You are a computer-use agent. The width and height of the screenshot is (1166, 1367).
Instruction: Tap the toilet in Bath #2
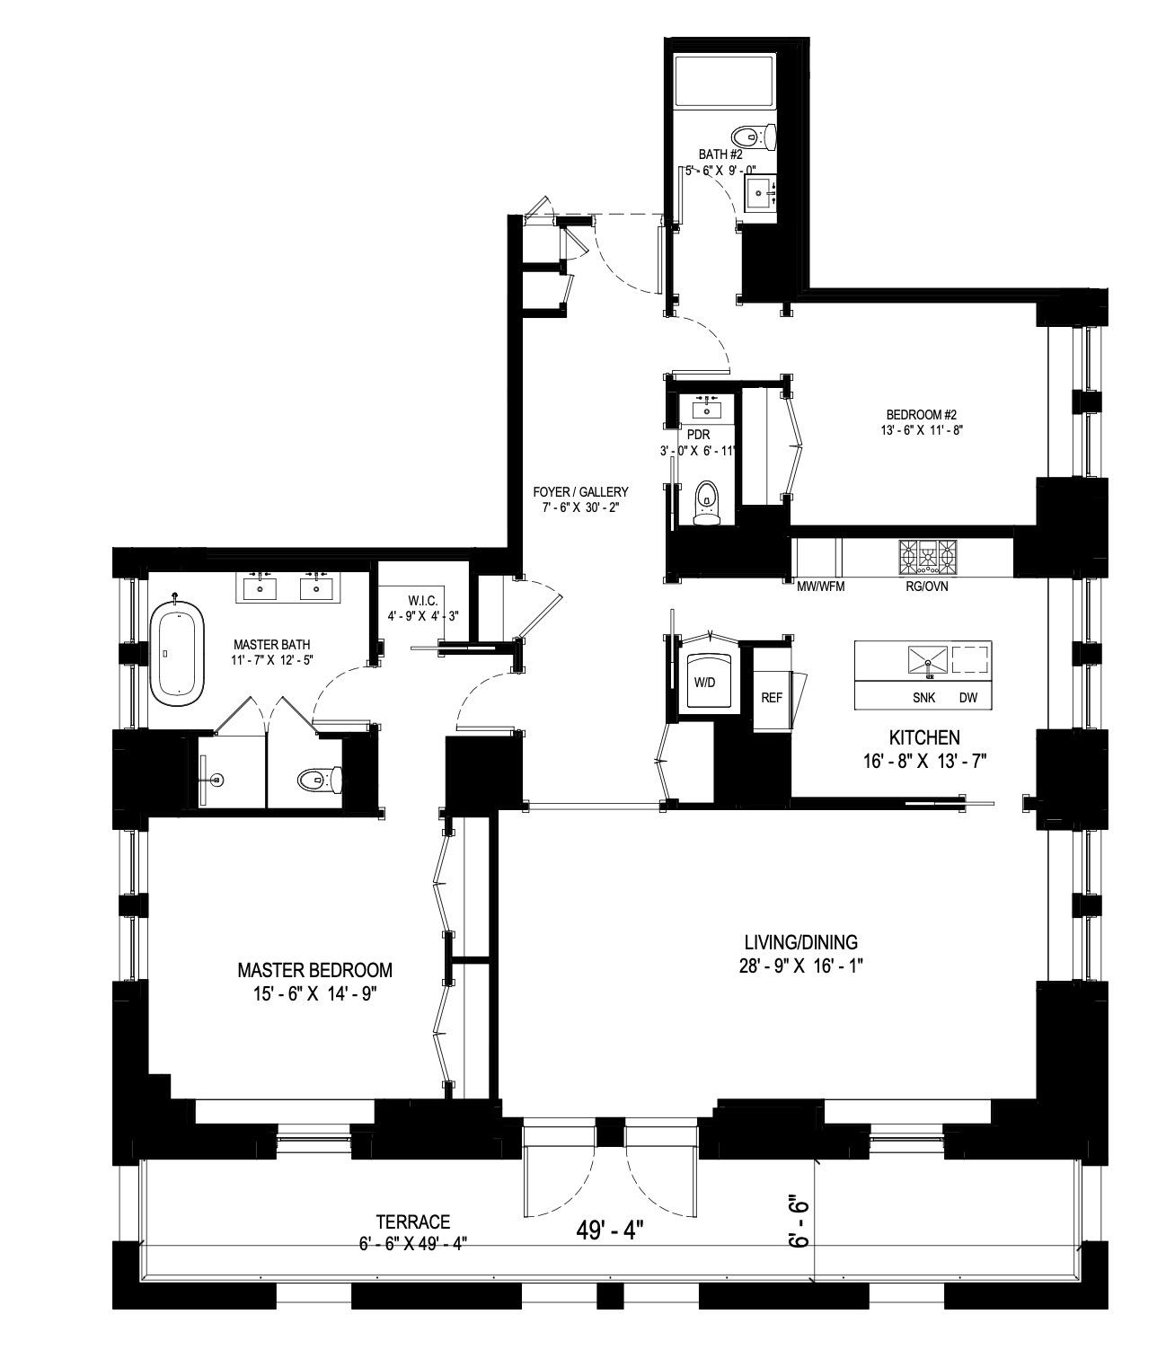coord(753,137)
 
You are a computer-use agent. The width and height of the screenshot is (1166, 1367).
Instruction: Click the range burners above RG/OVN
coord(929,558)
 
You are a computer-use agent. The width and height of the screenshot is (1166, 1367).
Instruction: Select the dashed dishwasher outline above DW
coord(970,660)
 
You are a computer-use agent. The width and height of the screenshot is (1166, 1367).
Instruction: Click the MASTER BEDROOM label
coord(314,970)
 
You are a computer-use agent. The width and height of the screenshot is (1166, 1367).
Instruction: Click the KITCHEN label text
coord(924,737)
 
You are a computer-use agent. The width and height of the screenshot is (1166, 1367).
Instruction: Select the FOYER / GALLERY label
coord(580,492)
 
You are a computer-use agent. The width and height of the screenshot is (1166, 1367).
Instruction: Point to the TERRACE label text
coord(412,1221)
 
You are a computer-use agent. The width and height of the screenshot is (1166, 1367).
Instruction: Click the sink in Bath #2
coord(761,190)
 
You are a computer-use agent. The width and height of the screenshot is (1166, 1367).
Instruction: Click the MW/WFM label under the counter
coord(821,586)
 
